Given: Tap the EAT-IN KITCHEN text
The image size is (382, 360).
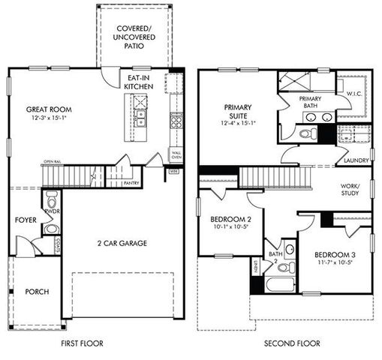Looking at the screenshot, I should pyautogui.click(x=141, y=82).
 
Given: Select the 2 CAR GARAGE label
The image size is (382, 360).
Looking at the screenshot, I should pyautogui.click(x=122, y=243).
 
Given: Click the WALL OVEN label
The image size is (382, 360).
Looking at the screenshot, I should pyautogui.click(x=176, y=154).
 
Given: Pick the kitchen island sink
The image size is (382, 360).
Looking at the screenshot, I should pyautogui.click(x=140, y=116).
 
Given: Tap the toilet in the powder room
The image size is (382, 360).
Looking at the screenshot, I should pyautogui.click(x=52, y=201).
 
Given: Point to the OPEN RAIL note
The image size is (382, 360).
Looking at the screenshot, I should pyautogui.click(x=52, y=161).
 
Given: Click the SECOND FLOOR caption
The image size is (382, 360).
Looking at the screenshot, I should pyautogui.click(x=292, y=343).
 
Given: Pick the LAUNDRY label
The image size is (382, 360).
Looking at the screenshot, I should pyautogui.click(x=356, y=160).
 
